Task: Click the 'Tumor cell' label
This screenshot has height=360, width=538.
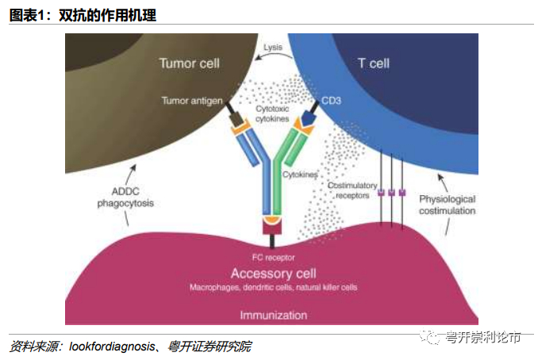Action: point(189,63)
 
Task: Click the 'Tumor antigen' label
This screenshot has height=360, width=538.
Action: point(190,101)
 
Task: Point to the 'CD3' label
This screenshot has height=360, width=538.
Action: point(332,101)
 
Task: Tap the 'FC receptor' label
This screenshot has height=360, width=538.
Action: point(274,258)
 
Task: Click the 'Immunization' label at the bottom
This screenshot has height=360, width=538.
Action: point(273,315)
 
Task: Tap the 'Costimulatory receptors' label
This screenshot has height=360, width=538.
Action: point(352,190)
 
